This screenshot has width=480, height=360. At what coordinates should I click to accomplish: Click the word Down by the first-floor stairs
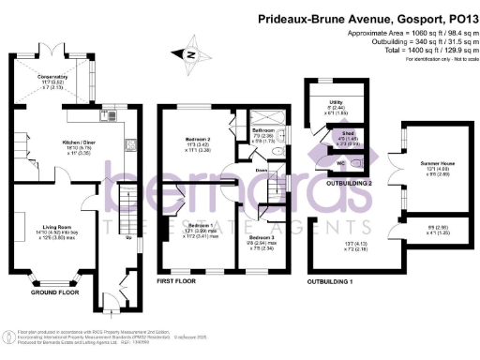[x=263, y=170]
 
